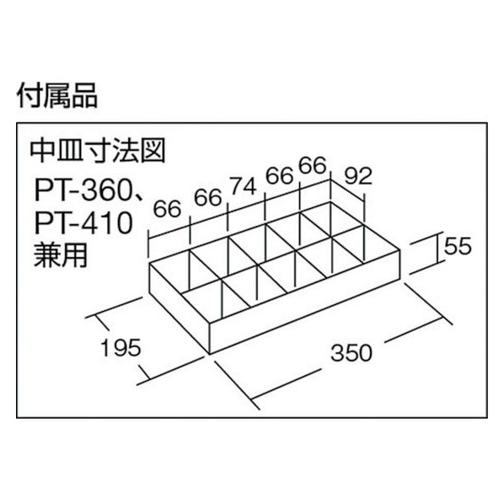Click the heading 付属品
pyautogui.click(x=57, y=95)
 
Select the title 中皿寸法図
pyautogui.click(x=98, y=151)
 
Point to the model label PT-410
pyautogui.click(x=83, y=223)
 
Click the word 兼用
pyautogui.click(x=61, y=255)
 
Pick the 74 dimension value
pyautogui.click(x=244, y=186)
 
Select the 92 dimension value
pyautogui.click(x=358, y=176)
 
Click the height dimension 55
pyautogui.click(x=458, y=247)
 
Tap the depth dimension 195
pyautogui.click(x=121, y=347)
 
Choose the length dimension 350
pyautogui.click(x=351, y=352)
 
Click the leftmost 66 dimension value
pyautogui.click(x=167, y=209)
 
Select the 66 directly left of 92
pyautogui.click(x=313, y=166)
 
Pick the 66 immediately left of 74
pyautogui.click(x=208, y=197)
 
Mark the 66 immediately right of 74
pyautogui.click(x=279, y=176)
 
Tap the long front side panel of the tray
pyautogui.click(x=305, y=301)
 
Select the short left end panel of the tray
pyautogui.click(x=180, y=308)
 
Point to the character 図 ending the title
pyautogui.click(x=154, y=151)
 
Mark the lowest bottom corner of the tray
pyautogui.click(x=210, y=354)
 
